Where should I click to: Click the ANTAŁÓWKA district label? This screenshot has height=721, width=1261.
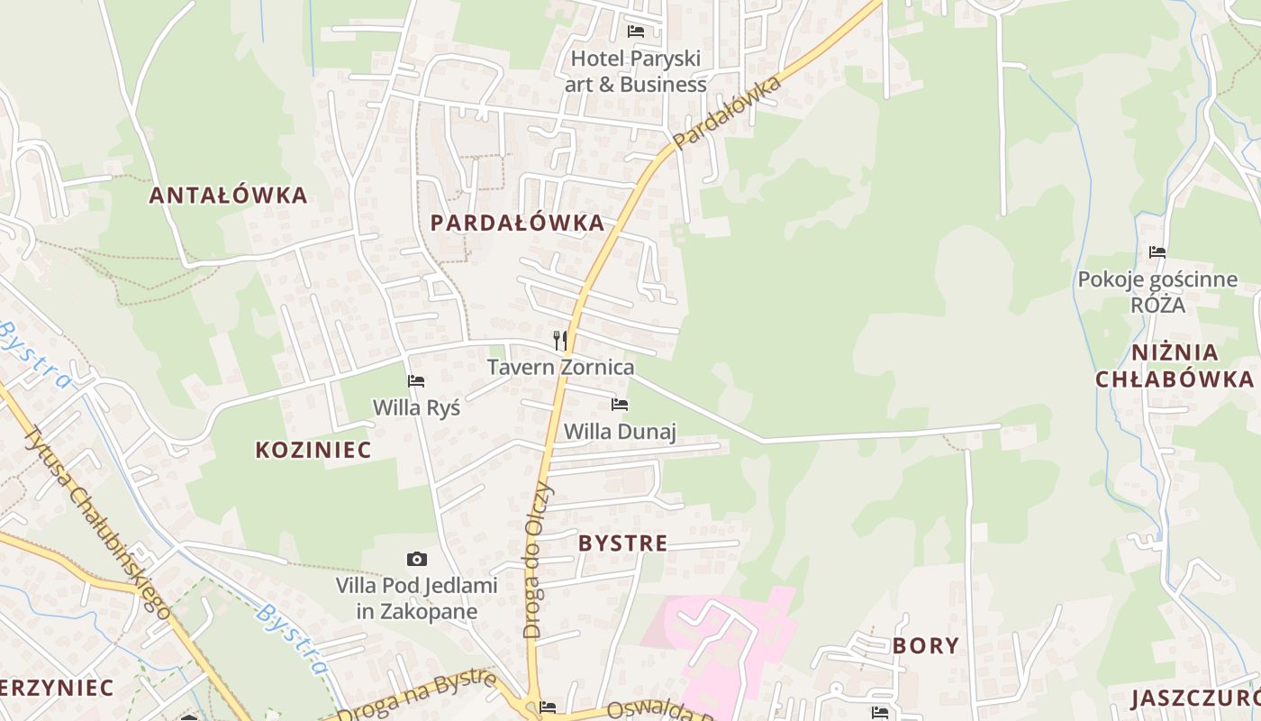(x=228, y=195)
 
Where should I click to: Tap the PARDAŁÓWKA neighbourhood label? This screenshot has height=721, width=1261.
(x=517, y=223)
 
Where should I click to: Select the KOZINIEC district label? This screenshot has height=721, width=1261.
(x=313, y=450)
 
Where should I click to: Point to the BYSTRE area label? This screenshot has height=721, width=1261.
(x=623, y=543)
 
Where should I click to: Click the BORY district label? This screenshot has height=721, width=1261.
(x=926, y=645)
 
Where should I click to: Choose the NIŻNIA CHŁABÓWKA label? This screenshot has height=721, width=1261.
(x=1175, y=365)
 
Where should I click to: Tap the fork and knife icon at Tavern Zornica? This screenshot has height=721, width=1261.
(x=560, y=340)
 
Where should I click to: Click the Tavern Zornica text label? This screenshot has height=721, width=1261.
(x=560, y=367)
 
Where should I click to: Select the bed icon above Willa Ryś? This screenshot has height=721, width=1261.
(x=416, y=381)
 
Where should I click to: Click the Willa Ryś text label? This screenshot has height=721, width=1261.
(x=416, y=407)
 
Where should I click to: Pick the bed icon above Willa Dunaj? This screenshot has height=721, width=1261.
(x=620, y=405)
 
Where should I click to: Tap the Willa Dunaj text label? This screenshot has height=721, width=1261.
(x=620, y=431)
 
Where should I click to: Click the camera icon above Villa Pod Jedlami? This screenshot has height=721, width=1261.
(x=416, y=559)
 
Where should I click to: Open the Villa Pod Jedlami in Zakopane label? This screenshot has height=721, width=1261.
(x=416, y=598)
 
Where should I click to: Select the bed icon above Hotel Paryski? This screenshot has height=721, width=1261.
(x=636, y=32)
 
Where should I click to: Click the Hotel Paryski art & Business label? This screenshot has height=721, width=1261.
(x=636, y=71)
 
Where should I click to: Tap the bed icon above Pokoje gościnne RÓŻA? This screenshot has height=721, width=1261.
(x=1157, y=252)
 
